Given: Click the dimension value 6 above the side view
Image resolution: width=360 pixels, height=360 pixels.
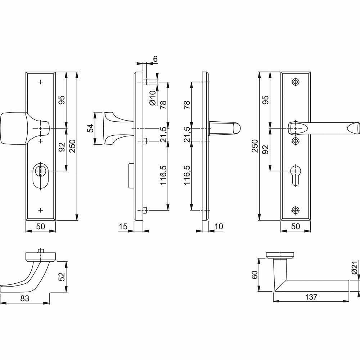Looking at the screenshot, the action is pyautogui.click(x=155, y=59).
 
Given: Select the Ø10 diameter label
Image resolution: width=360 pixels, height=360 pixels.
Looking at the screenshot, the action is pyautogui.click(x=152, y=98).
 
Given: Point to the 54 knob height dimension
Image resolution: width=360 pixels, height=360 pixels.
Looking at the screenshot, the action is pyautogui.click(x=91, y=128).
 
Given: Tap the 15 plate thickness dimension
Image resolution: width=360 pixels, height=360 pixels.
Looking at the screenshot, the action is pyautogui.click(x=123, y=226).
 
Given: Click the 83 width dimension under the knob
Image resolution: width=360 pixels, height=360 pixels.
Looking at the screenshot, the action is pyautogui.click(x=25, y=298).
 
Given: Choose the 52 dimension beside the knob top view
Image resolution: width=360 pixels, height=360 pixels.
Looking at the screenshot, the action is pyautogui.click(x=62, y=276).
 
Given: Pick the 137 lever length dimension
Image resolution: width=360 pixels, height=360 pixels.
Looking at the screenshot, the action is pyautogui.click(x=311, y=297).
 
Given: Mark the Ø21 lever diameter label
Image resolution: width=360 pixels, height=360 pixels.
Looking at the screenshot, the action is pyautogui.click(x=355, y=268).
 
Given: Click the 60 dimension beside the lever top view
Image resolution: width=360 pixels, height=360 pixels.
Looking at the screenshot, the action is pyautogui.click(x=255, y=275).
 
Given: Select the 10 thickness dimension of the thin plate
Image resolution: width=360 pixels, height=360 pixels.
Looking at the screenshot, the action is pyautogui.click(x=219, y=226).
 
